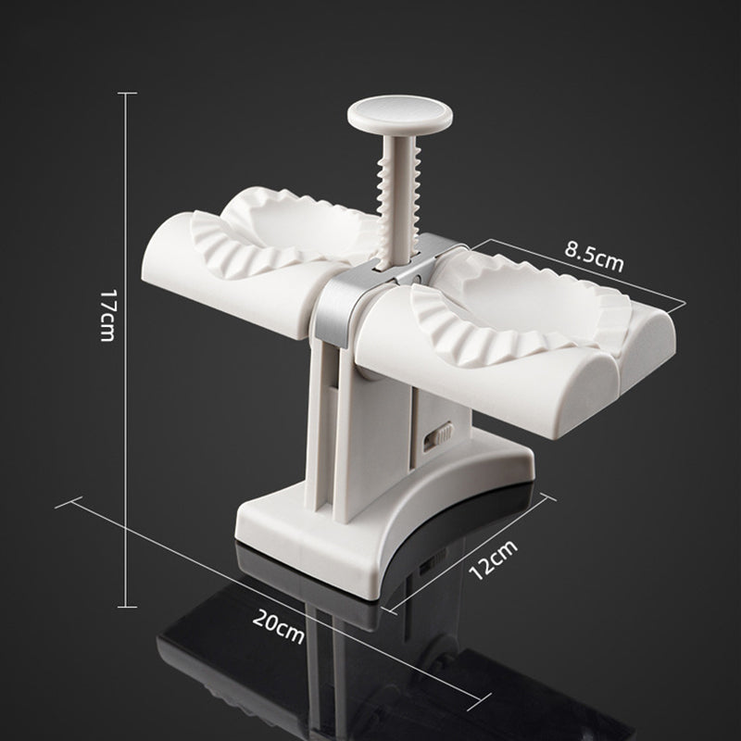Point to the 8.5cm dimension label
593,257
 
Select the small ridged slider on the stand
441,433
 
